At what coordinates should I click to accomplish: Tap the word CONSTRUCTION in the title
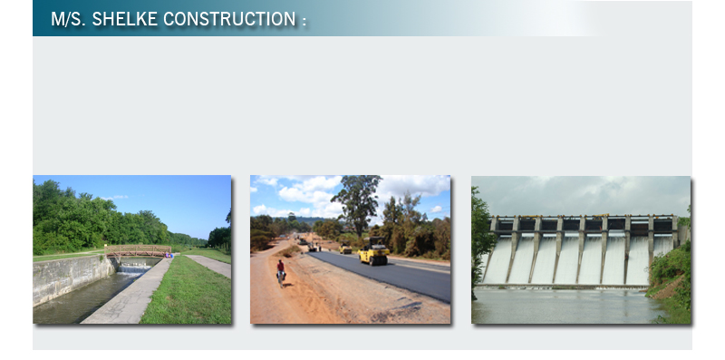coord(229,19)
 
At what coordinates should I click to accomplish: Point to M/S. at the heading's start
coord(69,19)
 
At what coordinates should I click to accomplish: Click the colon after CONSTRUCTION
coord(304,21)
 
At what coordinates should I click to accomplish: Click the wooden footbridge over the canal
coord(138,251)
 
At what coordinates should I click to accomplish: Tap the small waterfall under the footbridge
coord(135,268)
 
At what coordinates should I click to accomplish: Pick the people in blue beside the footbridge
coord(169,255)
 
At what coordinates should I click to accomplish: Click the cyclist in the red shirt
coord(280,272)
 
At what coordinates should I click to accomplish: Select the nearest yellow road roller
coord(373,252)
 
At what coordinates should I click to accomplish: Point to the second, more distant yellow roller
coord(345,248)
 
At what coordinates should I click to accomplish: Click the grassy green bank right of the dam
coord(672,282)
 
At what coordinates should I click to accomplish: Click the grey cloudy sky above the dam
coord(581,195)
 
